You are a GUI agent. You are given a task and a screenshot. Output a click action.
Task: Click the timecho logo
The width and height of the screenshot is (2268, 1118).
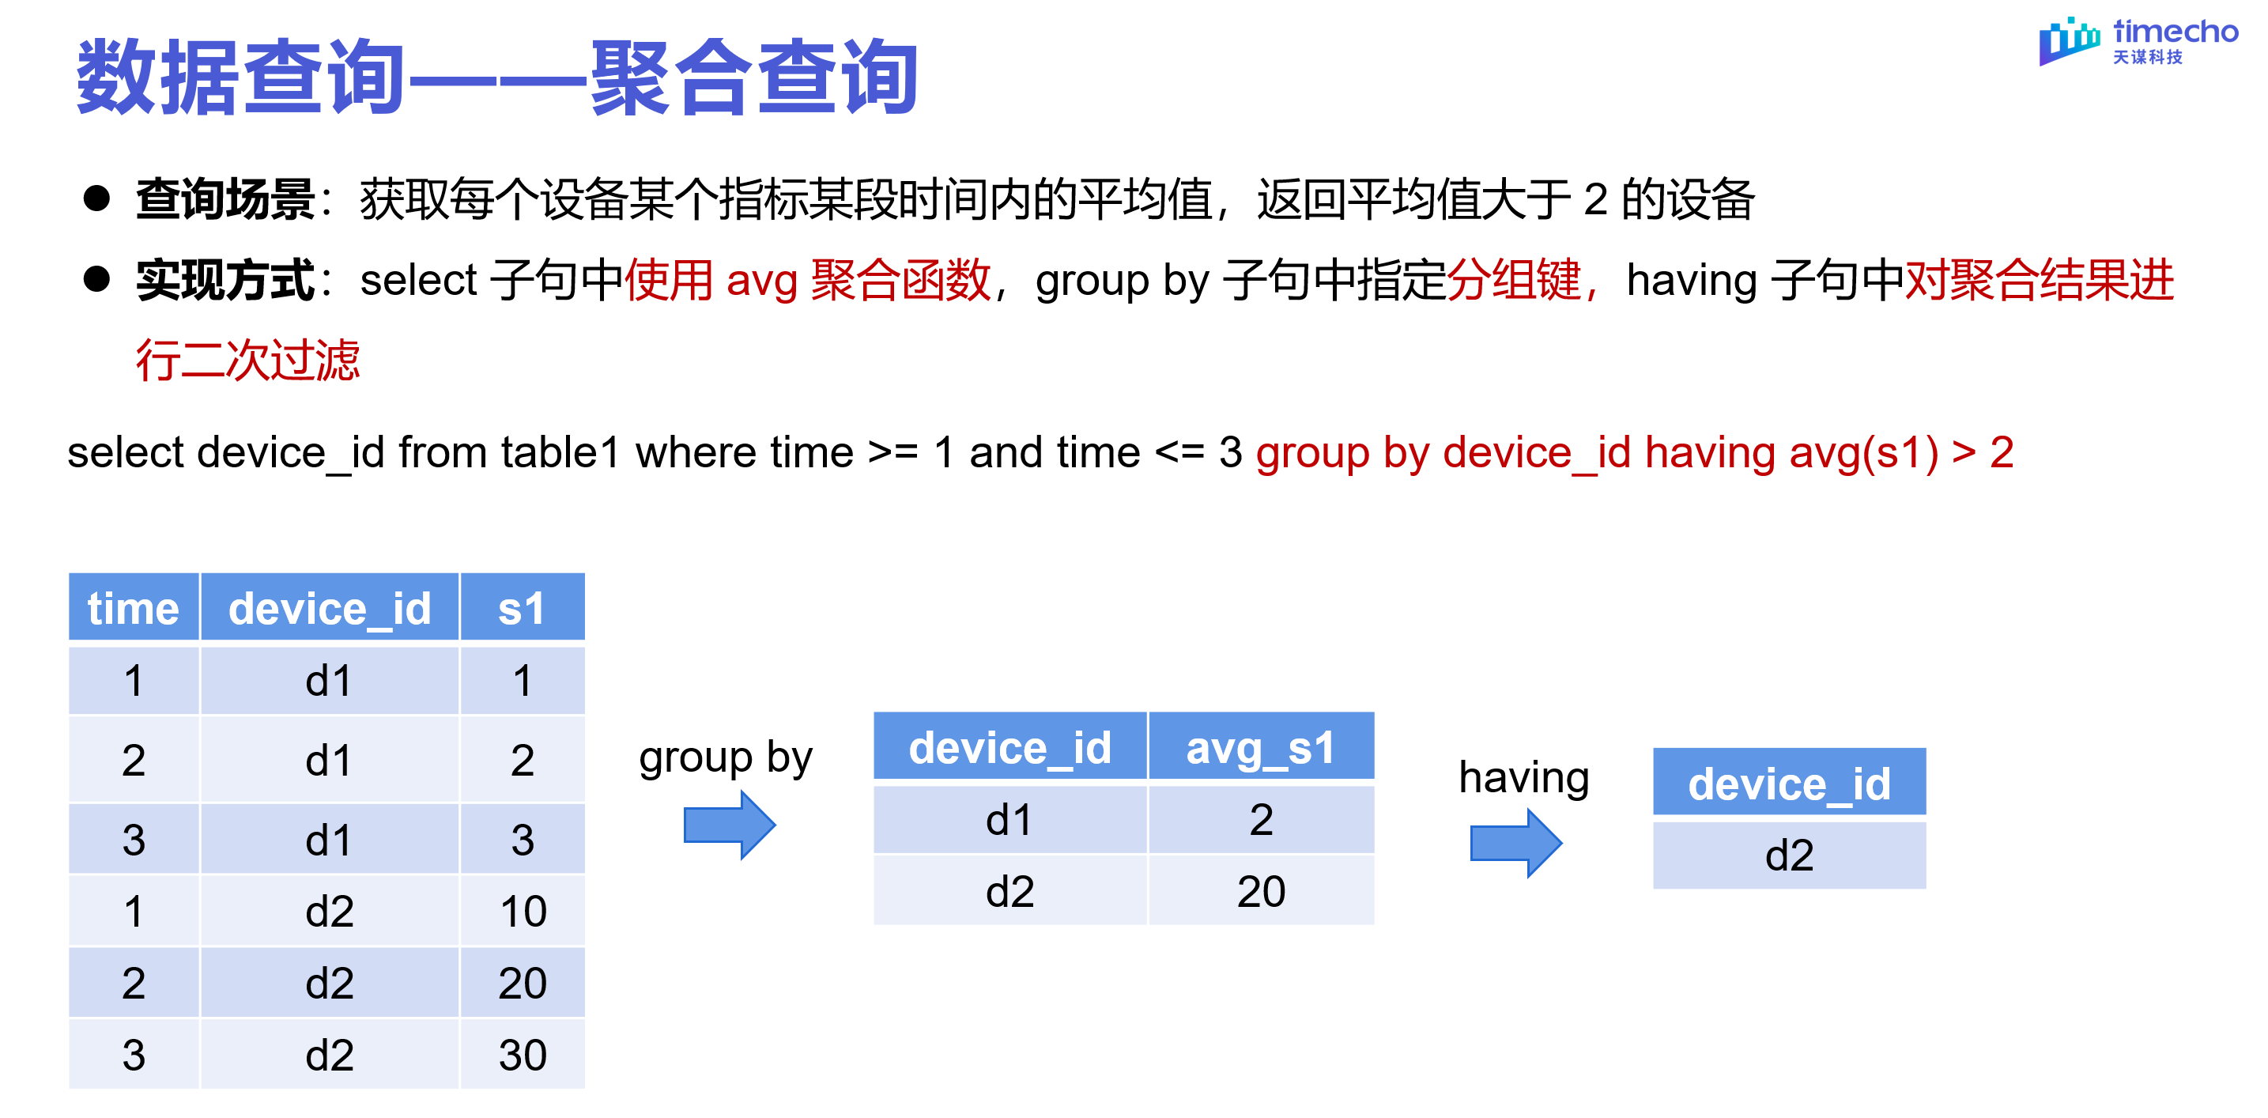(x=2137, y=41)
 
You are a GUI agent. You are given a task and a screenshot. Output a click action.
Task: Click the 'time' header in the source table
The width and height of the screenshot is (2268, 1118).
(x=133, y=608)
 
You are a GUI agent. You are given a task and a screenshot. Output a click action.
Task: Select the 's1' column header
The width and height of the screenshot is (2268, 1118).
(x=521, y=608)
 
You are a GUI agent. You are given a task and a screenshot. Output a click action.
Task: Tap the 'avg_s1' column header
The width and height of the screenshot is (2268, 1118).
(x=1260, y=748)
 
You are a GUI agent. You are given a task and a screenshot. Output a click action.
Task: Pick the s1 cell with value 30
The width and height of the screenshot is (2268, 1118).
(x=522, y=1055)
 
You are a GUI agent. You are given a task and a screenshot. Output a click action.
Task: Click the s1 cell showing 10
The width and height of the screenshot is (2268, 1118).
(x=522, y=911)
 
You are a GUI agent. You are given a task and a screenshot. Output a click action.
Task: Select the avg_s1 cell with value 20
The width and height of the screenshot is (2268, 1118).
(x=1261, y=892)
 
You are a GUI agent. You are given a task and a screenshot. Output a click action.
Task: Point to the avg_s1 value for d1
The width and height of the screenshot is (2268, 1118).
(x=1261, y=821)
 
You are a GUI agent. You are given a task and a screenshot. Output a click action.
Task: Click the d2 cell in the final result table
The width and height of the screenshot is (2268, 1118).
(x=1789, y=855)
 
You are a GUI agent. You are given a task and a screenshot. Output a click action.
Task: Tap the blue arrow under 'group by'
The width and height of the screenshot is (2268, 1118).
(x=729, y=825)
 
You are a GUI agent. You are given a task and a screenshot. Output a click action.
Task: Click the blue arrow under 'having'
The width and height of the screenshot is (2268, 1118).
(x=1515, y=844)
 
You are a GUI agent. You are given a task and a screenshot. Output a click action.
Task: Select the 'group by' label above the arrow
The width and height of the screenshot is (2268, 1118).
(x=726, y=758)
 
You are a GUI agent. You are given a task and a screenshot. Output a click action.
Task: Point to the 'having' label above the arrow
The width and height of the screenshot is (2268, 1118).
(x=1523, y=777)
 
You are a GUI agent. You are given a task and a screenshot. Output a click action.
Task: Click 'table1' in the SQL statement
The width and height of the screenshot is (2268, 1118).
(x=560, y=453)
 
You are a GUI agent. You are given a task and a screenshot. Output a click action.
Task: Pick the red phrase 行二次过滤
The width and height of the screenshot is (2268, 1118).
(x=247, y=360)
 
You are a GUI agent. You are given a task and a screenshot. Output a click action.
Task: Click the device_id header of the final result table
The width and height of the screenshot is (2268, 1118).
(x=1789, y=784)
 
